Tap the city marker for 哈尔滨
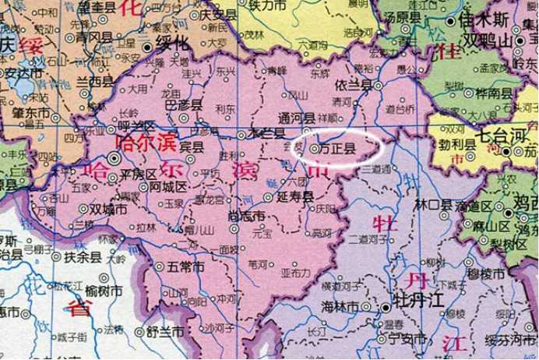pyautogui.click(x=114, y=157)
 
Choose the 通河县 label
pyautogui.click(x=297, y=117)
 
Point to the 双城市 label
pyautogui.click(x=107, y=208)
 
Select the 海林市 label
pyautogui.click(x=340, y=308)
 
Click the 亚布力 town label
pyautogui.click(x=293, y=273)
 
